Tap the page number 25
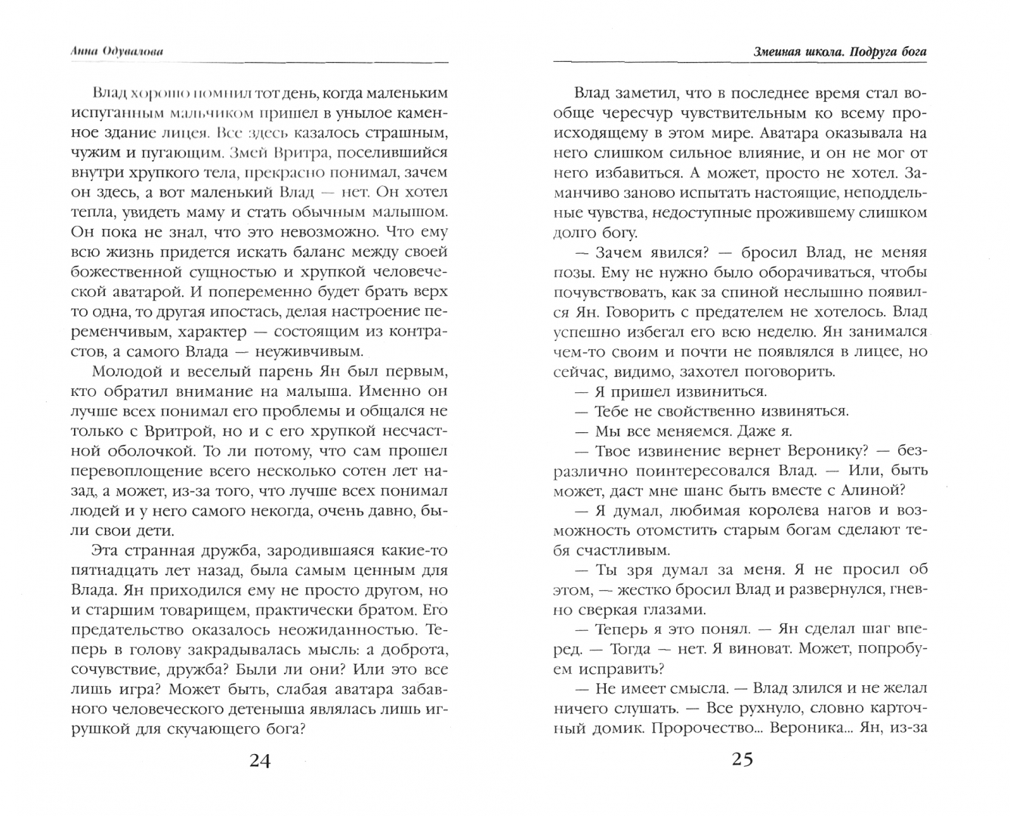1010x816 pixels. click(742, 759)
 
